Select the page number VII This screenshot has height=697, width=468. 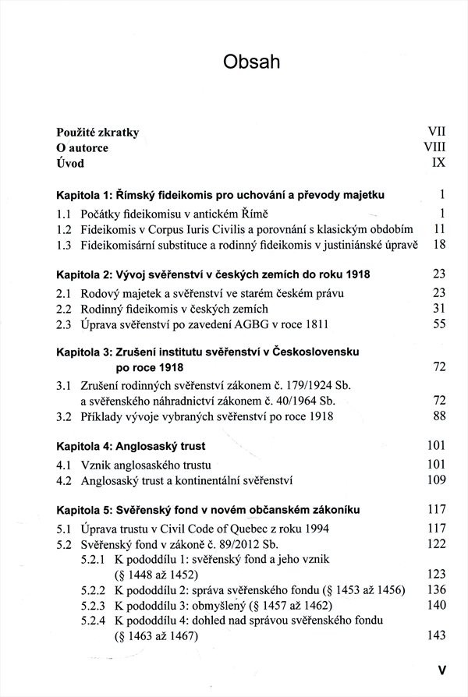point(435,133)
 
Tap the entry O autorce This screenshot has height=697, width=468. point(83,148)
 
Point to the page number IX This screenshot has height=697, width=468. point(438,164)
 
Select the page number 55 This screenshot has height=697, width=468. point(438,325)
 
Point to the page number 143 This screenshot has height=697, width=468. point(435,636)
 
